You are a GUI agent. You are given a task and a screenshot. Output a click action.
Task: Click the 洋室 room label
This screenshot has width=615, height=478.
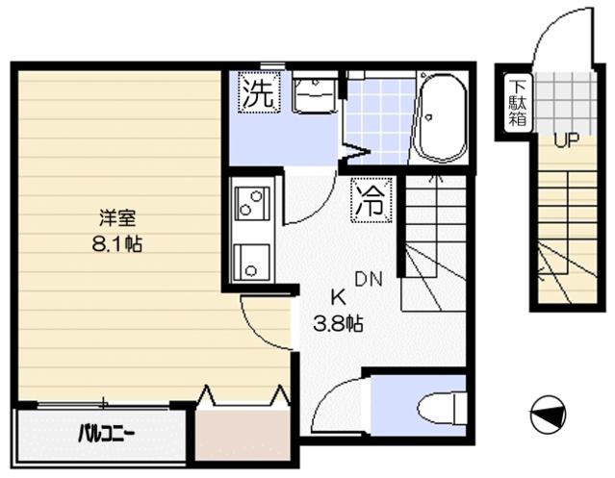pos(117,218)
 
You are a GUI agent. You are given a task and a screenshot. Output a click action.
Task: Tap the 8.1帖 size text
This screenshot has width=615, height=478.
pos(116,244)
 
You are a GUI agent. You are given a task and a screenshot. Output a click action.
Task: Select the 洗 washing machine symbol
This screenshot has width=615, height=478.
pos(258,93)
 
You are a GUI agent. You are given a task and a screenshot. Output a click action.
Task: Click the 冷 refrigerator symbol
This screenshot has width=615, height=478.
pos(372,200)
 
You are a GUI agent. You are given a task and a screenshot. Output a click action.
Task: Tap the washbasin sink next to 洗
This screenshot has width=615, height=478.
pos(316,94)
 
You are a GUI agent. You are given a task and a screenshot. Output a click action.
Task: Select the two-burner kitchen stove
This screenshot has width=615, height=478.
pos(252,203)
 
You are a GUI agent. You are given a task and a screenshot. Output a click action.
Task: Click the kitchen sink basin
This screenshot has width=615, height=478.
pos(252,263)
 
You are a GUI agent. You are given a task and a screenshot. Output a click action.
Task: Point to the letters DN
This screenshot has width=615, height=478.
pos(369,279)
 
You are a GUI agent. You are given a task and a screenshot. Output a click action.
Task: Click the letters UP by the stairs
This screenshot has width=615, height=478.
pos(566,139)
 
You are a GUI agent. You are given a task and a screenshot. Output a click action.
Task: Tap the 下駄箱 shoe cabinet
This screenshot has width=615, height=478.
pos(518,103)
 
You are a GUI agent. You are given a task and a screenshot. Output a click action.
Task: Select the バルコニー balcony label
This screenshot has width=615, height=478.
pos(106,434)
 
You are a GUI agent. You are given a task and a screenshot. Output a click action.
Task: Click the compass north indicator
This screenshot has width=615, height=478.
pos(548,415)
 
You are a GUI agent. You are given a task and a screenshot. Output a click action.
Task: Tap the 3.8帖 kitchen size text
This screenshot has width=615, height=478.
pos(337,323)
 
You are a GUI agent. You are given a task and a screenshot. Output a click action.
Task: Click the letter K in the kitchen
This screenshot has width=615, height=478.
pos(338,298)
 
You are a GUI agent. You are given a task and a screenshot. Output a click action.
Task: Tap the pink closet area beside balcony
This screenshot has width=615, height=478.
pos(243,435)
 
